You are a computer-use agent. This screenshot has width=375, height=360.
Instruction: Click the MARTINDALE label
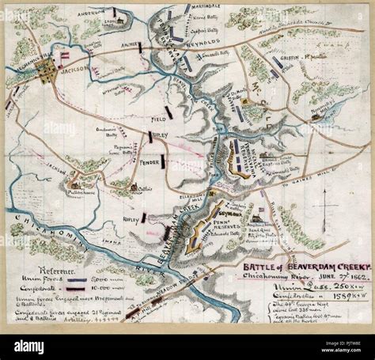coord(206,8)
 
